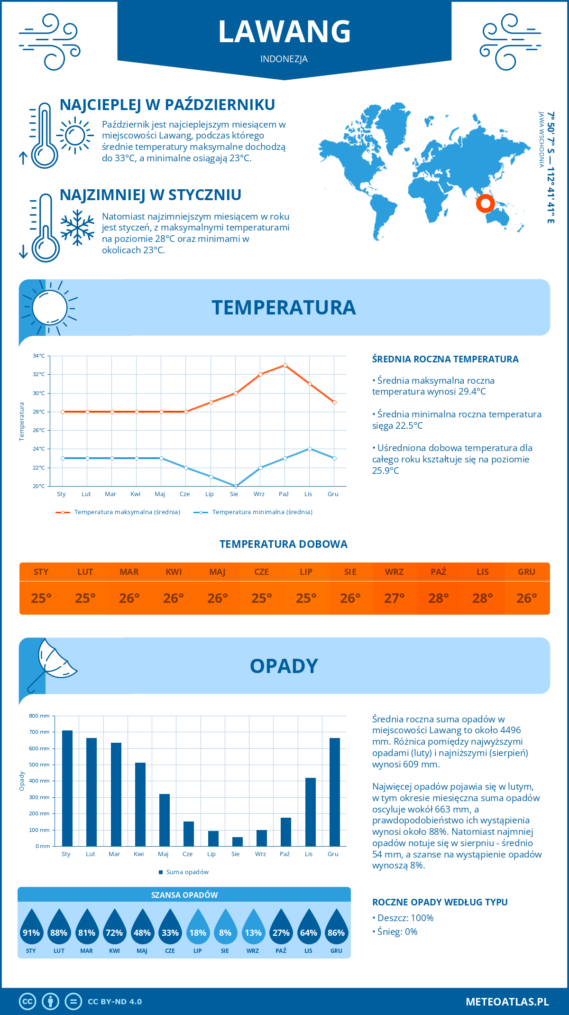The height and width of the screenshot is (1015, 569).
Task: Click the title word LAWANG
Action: [284, 32]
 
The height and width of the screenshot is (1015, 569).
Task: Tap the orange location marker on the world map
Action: [485, 203]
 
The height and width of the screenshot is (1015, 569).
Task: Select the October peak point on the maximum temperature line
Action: [285, 365]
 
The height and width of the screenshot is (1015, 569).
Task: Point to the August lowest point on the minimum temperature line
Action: [236, 486]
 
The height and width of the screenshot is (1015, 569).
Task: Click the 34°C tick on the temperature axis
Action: [39, 356]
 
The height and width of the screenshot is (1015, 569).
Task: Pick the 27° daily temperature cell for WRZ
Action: [394, 598]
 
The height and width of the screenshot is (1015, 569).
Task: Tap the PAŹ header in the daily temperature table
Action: [438, 572]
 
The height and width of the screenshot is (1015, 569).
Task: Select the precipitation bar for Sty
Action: [67, 788]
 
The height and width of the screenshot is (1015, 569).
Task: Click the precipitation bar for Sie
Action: [238, 841]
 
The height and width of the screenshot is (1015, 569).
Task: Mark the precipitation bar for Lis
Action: [311, 812]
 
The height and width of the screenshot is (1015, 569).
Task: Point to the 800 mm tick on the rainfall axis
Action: [40, 716]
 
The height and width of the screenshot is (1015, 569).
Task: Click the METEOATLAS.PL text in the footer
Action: [507, 1002]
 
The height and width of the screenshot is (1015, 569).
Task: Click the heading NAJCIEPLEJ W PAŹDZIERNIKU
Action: [167, 105]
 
